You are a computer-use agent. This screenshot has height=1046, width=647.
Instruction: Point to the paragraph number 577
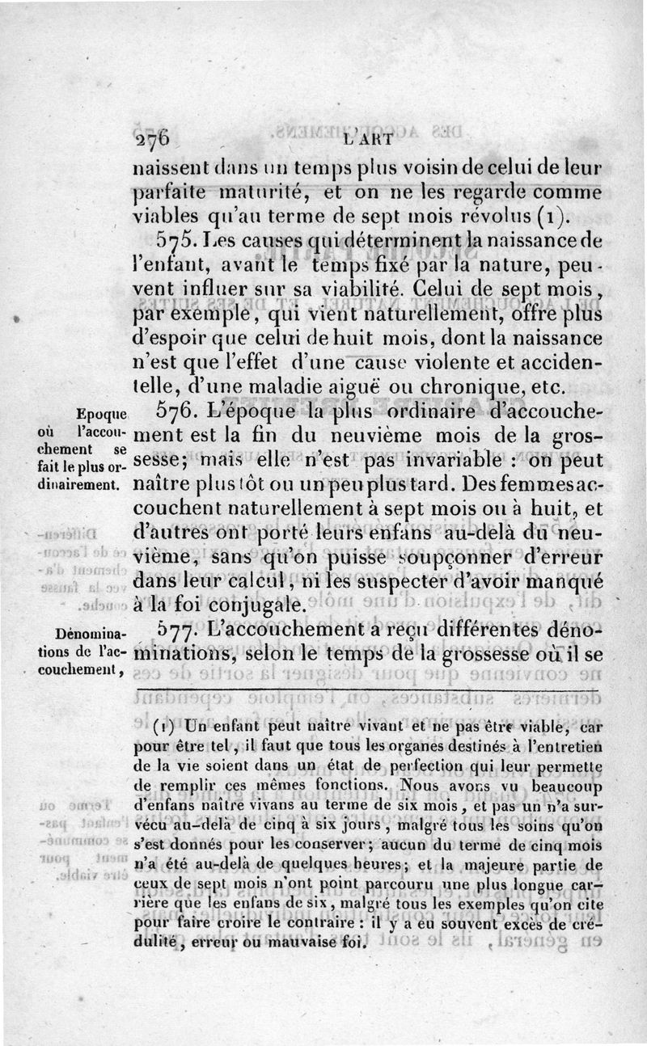point(176,631)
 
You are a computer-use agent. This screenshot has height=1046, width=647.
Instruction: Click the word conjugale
point(244,604)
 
